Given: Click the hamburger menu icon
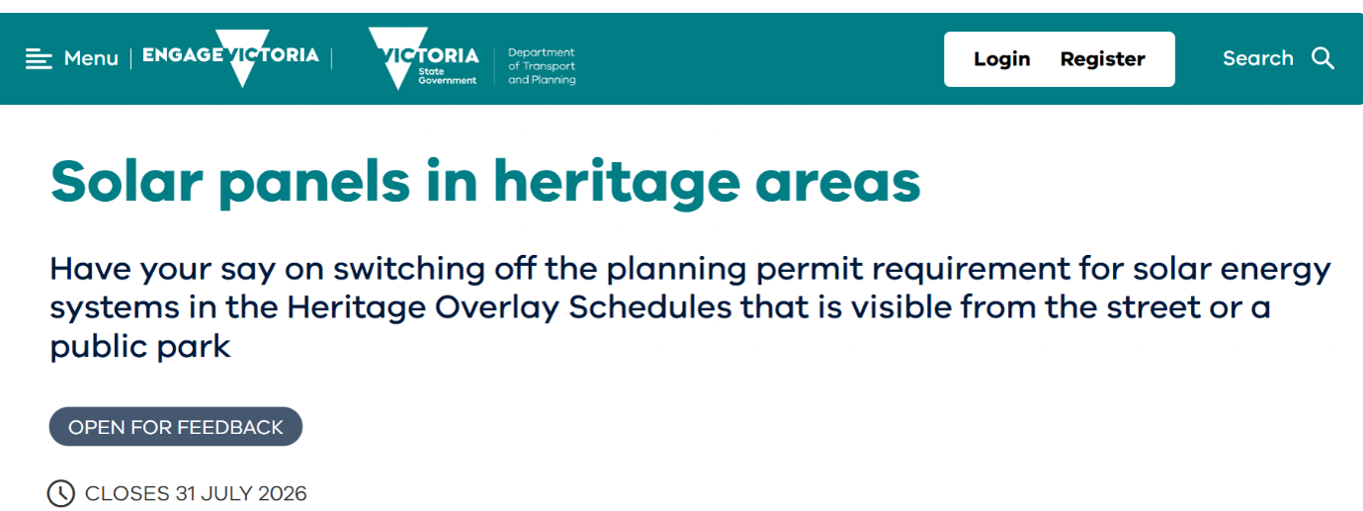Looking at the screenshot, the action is [x=39, y=59].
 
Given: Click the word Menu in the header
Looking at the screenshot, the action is [x=91, y=58].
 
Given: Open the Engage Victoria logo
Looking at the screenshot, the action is [x=230, y=57].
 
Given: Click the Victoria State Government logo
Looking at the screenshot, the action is [x=423, y=58].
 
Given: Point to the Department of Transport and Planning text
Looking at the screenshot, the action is [x=542, y=65].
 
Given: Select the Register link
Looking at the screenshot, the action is [x=1103, y=59].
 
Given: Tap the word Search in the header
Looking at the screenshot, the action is [x=1257, y=58].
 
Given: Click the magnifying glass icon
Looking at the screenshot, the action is [x=1322, y=58].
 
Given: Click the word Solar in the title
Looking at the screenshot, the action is [x=127, y=181].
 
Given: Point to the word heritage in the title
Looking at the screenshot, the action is [x=617, y=183].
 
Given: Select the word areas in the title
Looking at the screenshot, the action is [x=838, y=184].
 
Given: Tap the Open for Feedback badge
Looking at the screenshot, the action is [x=176, y=426].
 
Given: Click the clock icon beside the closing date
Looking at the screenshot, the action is [x=61, y=493].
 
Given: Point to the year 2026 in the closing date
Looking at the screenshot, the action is [x=283, y=493].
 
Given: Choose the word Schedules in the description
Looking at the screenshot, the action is [x=649, y=307].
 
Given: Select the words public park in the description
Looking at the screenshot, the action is [x=140, y=347].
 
